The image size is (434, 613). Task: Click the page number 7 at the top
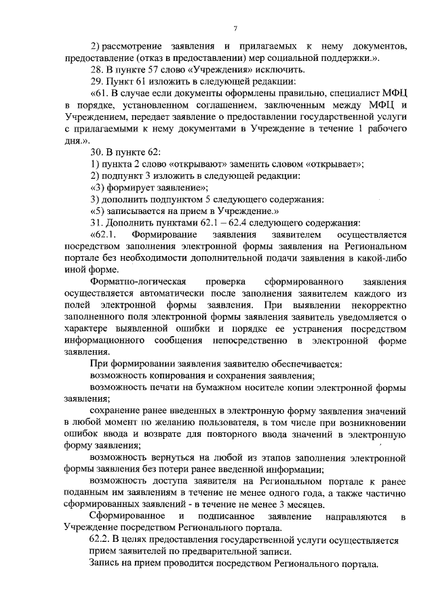(x=235, y=28)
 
